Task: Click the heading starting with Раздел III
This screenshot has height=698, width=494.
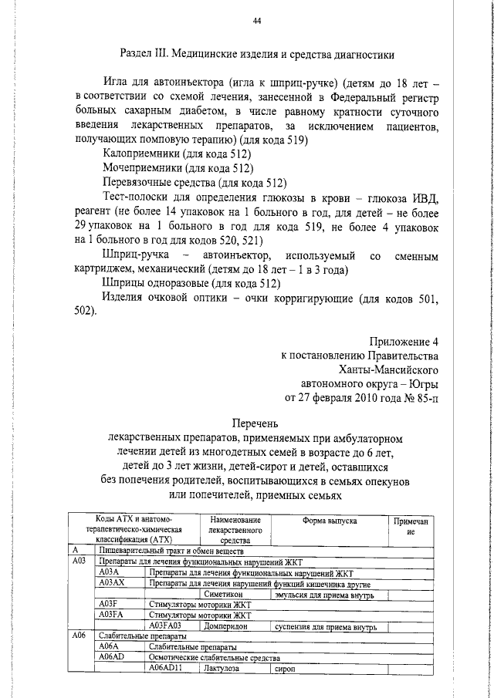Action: (x=258, y=55)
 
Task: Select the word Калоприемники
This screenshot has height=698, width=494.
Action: (x=137, y=154)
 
